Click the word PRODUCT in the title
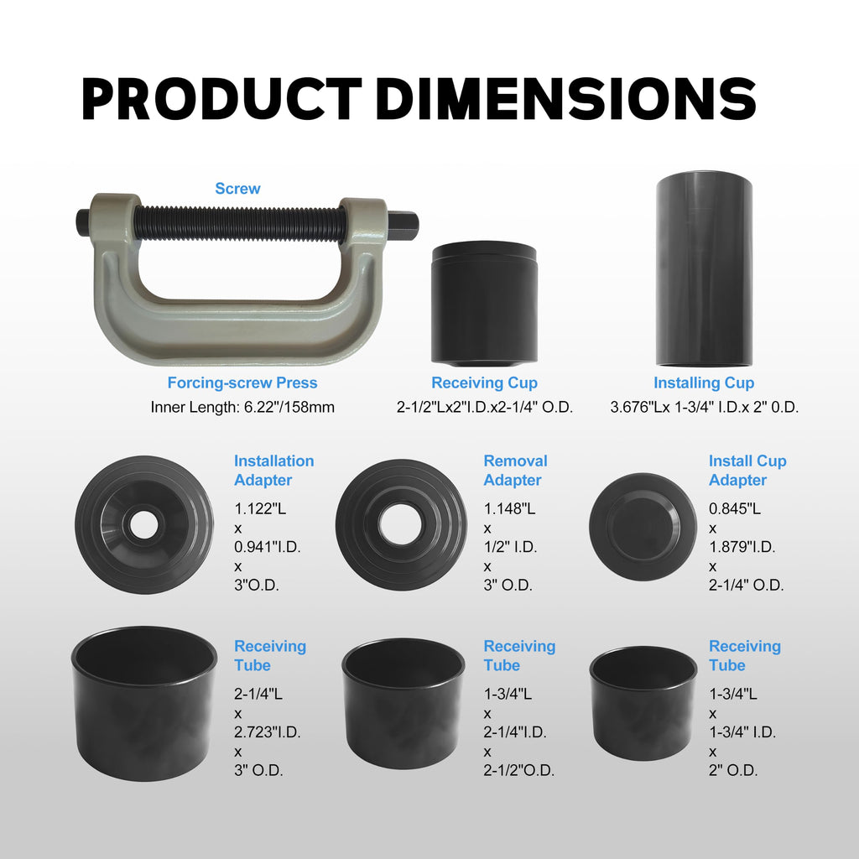[x=221, y=99]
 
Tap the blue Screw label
[x=237, y=189]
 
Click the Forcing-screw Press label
[x=242, y=383]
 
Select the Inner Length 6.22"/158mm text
[x=242, y=407]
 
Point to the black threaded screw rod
[x=238, y=224]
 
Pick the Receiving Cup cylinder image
[x=484, y=304]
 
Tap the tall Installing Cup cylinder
[x=704, y=268]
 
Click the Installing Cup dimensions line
[x=705, y=407]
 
